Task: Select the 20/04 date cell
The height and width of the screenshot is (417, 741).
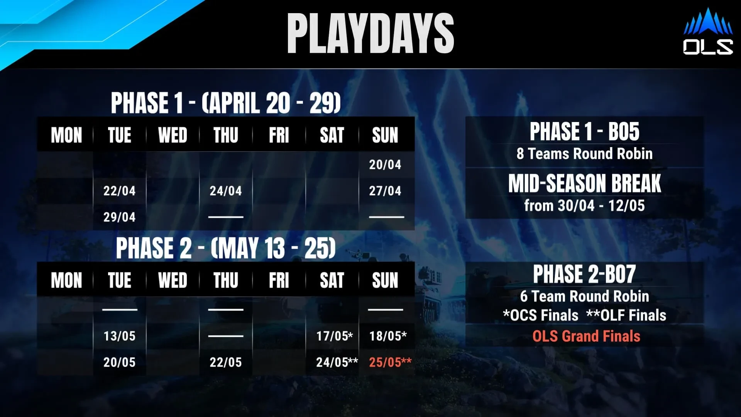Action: point(385,164)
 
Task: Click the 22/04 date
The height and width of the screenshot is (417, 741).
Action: point(119,191)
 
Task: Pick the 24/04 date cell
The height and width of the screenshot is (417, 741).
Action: point(226,191)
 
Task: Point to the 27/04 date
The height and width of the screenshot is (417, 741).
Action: point(385,191)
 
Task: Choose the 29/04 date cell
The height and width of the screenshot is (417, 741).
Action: point(119,217)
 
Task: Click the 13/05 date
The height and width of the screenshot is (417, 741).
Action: point(119,336)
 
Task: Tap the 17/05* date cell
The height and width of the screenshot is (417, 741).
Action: point(335,336)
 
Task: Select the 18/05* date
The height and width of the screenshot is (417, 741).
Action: point(388,336)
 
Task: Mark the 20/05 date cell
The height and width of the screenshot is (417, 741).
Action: point(119,362)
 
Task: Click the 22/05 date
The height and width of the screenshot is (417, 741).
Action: point(226,362)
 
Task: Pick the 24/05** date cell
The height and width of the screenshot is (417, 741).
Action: point(337,362)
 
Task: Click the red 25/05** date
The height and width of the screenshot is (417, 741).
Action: point(390,362)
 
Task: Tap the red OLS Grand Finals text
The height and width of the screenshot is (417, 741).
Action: point(586,336)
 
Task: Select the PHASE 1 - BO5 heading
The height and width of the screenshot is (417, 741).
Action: point(585,131)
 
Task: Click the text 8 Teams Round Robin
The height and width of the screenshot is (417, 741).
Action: point(585,154)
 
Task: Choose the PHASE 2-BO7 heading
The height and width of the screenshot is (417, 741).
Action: point(585,274)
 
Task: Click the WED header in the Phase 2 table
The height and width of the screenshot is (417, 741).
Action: point(173,280)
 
